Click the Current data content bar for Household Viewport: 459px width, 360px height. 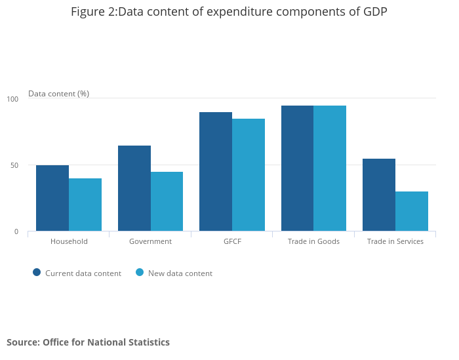52,198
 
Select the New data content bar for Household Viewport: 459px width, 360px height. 85,205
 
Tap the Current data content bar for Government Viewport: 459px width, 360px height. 134,188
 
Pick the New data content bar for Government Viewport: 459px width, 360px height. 167,201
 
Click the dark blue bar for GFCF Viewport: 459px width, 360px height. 216,171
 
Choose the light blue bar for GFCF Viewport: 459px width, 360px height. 249,174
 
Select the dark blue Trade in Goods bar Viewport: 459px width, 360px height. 297,168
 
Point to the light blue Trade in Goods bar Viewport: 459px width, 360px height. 330,168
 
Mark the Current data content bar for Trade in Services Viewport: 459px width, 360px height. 379,195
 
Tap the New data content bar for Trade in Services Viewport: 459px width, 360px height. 412,211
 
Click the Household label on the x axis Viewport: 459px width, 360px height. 69,241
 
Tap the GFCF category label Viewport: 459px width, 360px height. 232,241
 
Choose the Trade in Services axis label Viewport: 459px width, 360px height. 395,241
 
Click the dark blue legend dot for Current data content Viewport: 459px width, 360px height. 37,273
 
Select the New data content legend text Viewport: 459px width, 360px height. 180,273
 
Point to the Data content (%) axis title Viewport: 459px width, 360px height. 58,94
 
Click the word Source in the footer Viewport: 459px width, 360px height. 23,342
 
